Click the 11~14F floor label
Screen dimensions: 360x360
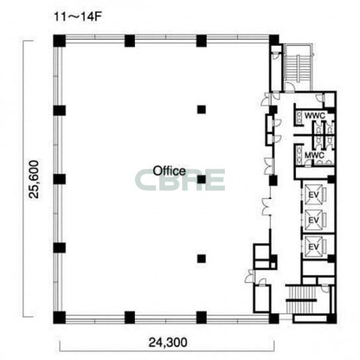pyautogui.click(x=77, y=17)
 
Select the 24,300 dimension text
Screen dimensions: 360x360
pyautogui.click(x=168, y=342)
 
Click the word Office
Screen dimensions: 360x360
pyautogui.click(x=169, y=171)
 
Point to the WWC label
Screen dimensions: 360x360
pyautogui.click(x=315, y=116)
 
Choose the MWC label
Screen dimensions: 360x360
pyautogui.click(x=314, y=156)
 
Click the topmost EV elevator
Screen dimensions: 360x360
pyautogui.click(x=314, y=195)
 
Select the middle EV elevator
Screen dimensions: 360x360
pyautogui.click(x=314, y=220)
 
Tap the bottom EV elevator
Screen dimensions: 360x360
pyautogui.click(x=314, y=247)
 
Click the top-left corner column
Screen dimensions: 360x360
pyautogui.click(x=60, y=40)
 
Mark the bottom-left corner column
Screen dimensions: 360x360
pyautogui.click(x=60, y=318)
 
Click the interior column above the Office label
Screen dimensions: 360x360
pyautogui.click(x=201, y=109)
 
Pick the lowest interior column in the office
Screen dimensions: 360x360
pyautogui.click(x=201, y=259)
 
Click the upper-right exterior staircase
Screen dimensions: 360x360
pyautogui.click(x=298, y=67)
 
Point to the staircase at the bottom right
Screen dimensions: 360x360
pyautogui.click(x=301, y=299)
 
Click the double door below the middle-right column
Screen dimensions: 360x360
pyautogui.click(x=267, y=206)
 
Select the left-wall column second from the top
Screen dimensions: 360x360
pyautogui.click(x=60, y=111)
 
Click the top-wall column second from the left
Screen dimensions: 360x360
pyautogui.click(x=130, y=40)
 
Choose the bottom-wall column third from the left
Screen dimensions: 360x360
pyautogui.click(x=201, y=318)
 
